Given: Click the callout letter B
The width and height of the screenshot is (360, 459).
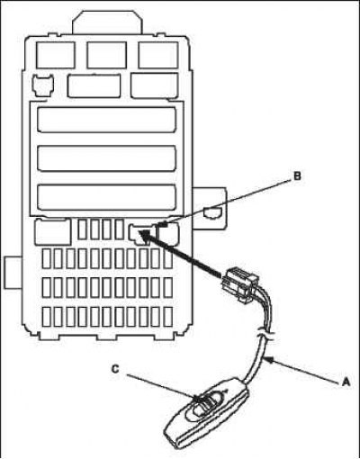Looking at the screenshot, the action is click(x=297, y=176).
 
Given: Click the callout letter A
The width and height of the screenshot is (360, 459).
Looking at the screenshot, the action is click(x=346, y=382).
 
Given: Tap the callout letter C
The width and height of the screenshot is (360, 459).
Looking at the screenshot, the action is click(x=116, y=370).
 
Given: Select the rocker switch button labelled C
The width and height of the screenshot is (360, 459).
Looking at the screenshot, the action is click(x=205, y=404).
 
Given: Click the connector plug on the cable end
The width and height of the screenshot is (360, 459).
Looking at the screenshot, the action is click(x=240, y=284).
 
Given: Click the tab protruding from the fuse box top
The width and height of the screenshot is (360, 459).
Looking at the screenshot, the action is click(x=107, y=22).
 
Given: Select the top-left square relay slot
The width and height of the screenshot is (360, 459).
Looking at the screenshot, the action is click(x=56, y=55).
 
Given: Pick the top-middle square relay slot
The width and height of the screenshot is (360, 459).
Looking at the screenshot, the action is click(x=107, y=55).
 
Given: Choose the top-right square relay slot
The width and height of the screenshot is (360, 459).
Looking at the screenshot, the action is click(x=158, y=55).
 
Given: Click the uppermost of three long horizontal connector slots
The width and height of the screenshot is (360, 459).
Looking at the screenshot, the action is click(x=107, y=120).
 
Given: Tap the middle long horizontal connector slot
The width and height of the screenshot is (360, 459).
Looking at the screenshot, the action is click(x=107, y=158).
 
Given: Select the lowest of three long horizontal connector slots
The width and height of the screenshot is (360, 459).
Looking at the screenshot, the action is click(x=107, y=197).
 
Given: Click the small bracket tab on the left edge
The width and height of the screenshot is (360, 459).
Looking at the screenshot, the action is click(x=13, y=273).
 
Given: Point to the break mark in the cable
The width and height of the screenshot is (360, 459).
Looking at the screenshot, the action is click(x=265, y=333).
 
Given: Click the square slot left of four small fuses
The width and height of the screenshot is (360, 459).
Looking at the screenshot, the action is click(x=53, y=232).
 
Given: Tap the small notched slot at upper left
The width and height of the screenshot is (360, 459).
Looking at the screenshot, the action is click(x=44, y=85).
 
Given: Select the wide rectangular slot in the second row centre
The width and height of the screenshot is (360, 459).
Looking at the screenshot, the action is click(x=94, y=85).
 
